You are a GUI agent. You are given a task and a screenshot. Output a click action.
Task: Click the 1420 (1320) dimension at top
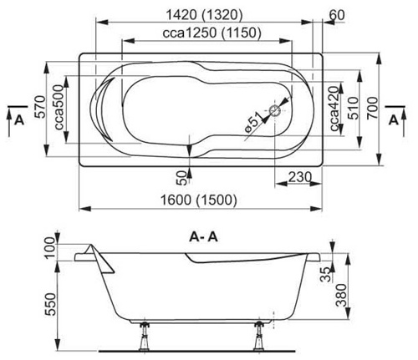coord(204,15)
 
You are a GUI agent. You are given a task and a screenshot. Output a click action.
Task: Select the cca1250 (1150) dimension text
coord(212,33)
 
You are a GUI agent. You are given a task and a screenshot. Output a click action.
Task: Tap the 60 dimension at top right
coord(337,15)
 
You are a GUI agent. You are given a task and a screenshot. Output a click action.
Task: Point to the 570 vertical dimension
coord(41,107)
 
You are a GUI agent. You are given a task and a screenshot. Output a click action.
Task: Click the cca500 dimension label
coord(59,108)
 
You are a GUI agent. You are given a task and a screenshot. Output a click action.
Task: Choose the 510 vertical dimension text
coord(354,108)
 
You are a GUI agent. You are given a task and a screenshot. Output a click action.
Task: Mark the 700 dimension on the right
coord(373,108)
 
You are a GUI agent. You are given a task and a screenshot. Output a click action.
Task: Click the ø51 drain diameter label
coord(252,122)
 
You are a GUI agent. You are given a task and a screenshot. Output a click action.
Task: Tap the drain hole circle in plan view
coord(275,111)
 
